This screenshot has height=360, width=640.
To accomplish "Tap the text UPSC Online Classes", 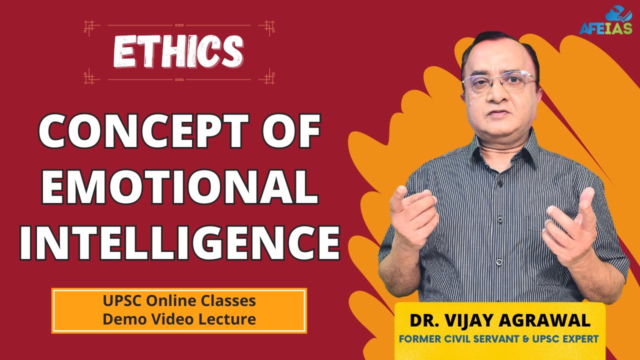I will point(179,301).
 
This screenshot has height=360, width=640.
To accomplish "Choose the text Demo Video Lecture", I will point(179,318).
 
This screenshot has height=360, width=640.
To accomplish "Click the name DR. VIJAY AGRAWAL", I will point(500,320).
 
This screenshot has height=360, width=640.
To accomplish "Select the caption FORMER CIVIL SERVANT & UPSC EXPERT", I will point(498,338).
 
